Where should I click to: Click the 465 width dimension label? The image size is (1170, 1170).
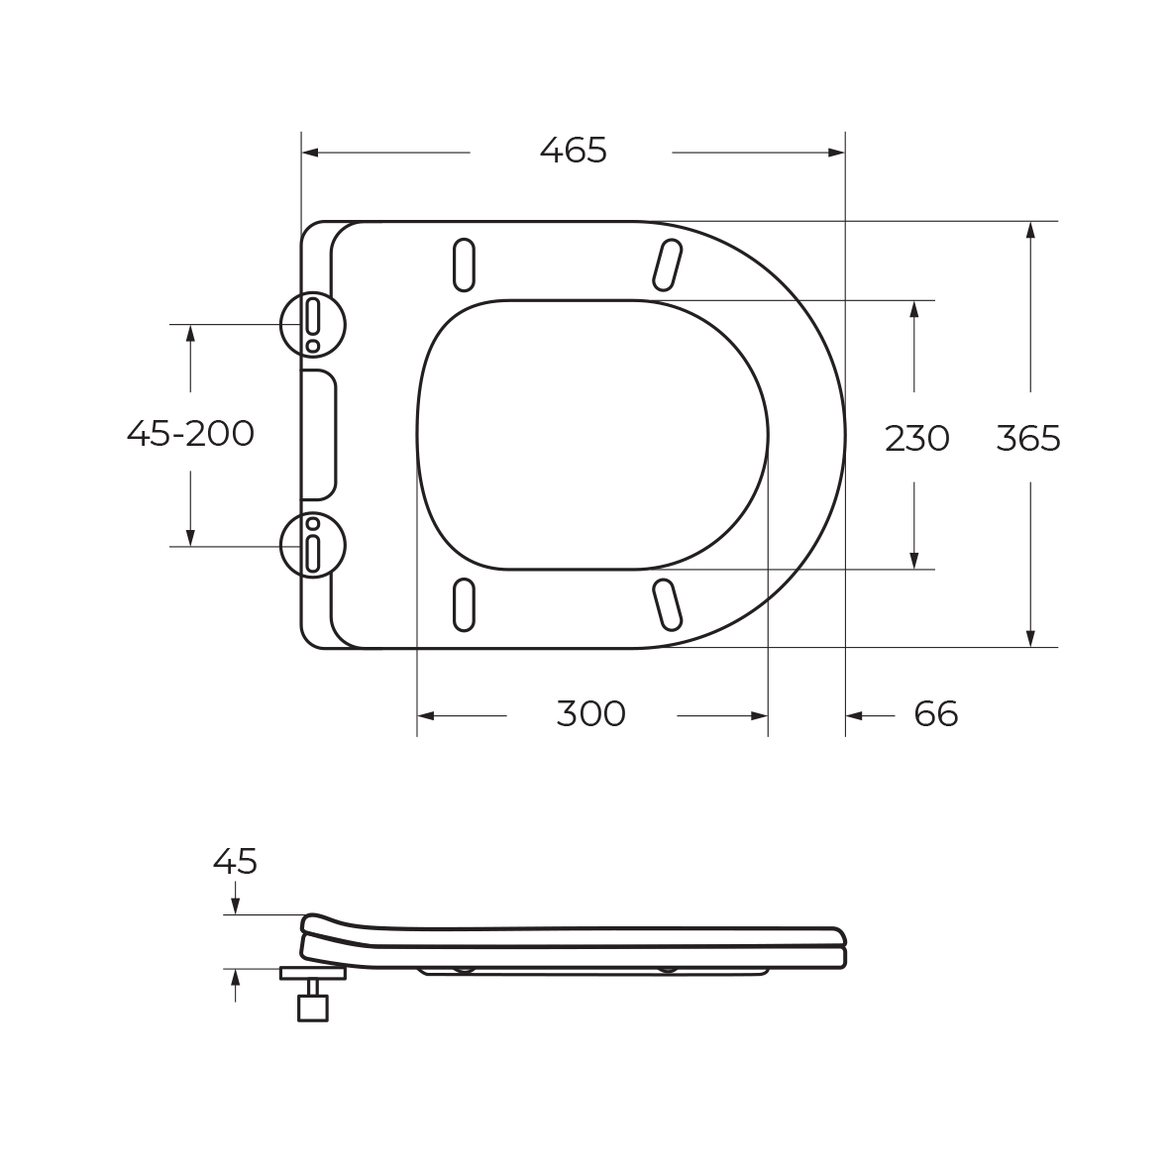pyautogui.click(x=573, y=151)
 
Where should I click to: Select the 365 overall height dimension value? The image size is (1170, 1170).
pyautogui.click(x=1028, y=438)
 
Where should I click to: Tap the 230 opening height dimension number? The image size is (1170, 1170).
pyautogui.click(x=917, y=438)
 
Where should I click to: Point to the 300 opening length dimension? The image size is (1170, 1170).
pyautogui.click(x=591, y=714)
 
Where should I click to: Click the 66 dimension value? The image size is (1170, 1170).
pyautogui.click(x=935, y=714)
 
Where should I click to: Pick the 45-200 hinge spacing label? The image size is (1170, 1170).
pyautogui.click(x=190, y=433)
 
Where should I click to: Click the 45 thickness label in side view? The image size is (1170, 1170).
pyautogui.click(x=235, y=862)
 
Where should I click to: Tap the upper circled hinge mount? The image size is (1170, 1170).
pyautogui.click(x=313, y=325)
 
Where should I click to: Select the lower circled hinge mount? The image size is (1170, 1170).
pyautogui.click(x=313, y=546)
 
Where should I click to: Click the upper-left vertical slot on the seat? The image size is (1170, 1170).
pyautogui.click(x=464, y=265)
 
